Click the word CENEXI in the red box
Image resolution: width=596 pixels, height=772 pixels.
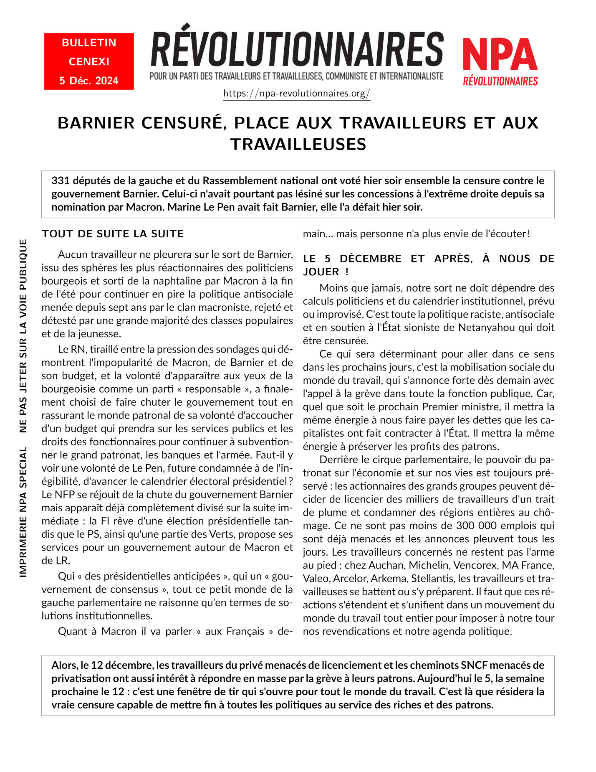[89, 61]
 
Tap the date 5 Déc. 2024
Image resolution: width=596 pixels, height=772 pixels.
[89, 81]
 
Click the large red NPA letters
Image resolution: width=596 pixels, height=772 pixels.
[500, 55]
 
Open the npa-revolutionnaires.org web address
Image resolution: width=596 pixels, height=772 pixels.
[297, 93]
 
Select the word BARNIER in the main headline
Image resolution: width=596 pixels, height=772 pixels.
[96, 123]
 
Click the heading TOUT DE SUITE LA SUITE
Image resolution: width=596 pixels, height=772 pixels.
[113, 234]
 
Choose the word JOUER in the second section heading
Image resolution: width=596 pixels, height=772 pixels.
[321, 272]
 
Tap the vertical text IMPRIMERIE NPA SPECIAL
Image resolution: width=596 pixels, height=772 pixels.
[23, 512]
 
